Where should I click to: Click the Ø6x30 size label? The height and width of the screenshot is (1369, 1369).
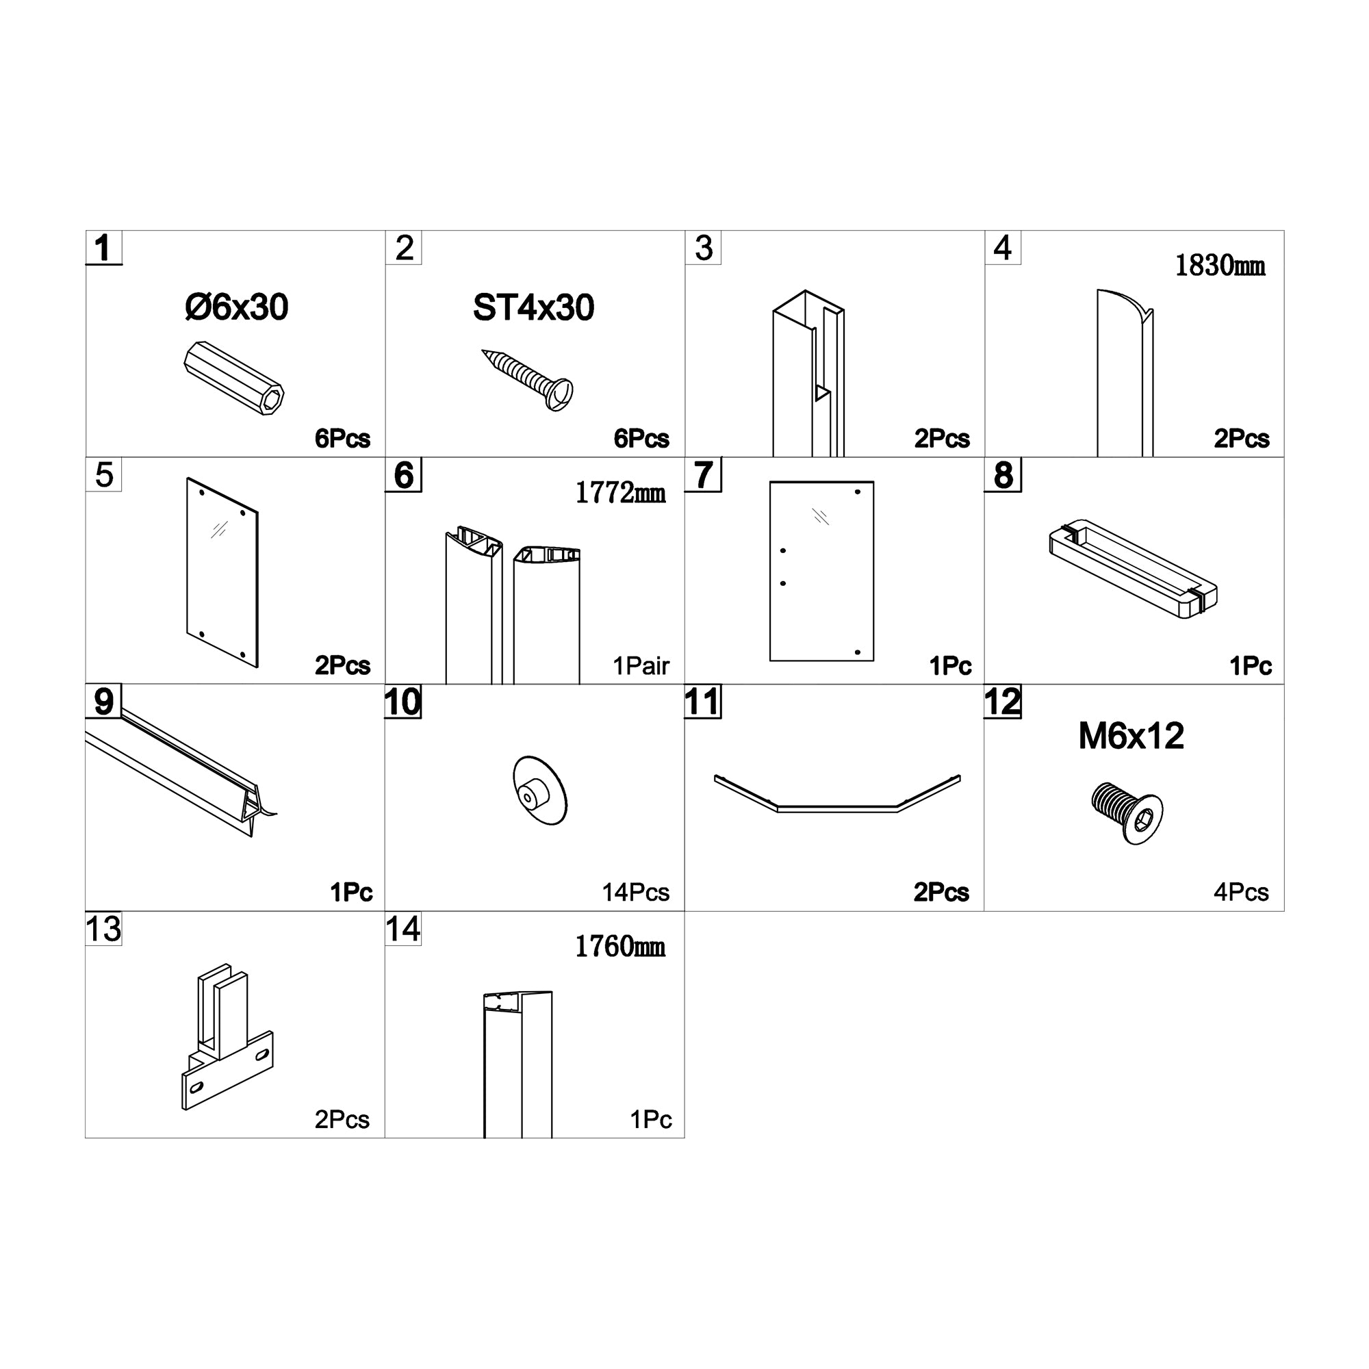pyautogui.click(x=237, y=307)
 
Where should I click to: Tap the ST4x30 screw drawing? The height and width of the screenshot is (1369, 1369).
pyautogui.click(x=527, y=381)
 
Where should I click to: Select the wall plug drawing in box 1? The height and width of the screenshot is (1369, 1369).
pyautogui.click(x=234, y=378)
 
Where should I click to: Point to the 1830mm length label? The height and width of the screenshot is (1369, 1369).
pyautogui.click(x=1220, y=266)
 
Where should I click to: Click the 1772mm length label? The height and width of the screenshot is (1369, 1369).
pyautogui.click(x=621, y=492)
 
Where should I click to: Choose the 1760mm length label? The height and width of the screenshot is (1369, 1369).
pyautogui.click(x=620, y=947)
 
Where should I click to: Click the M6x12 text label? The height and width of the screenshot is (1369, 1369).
pyautogui.click(x=1131, y=737)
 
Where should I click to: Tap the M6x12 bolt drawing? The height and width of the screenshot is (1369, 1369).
pyautogui.click(x=1127, y=813)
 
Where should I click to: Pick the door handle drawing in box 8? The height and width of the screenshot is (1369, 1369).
pyautogui.click(x=1133, y=569)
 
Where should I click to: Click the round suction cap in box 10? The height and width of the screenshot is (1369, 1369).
pyautogui.click(x=540, y=790)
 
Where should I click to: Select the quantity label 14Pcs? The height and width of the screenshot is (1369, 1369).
pyautogui.click(x=636, y=892)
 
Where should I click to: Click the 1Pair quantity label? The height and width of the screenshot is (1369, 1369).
pyautogui.click(x=641, y=665)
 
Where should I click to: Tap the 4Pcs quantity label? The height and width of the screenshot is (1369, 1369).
pyautogui.click(x=1241, y=892)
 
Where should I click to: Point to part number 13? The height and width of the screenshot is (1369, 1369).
pyautogui.click(x=103, y=929)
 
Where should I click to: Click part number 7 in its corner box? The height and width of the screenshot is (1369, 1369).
pyautogui.click(x=703, y=475)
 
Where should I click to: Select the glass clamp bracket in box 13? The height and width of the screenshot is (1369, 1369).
pyautogui.click(x=227, y=1036)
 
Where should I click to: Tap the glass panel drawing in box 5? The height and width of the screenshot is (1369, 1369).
pyautogui.click(x=222, y=572)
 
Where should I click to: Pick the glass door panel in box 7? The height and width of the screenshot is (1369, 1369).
pyautogui.click(x=821, y=571)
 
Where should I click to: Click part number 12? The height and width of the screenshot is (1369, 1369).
pyautogui.click(x=1003, y=702)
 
